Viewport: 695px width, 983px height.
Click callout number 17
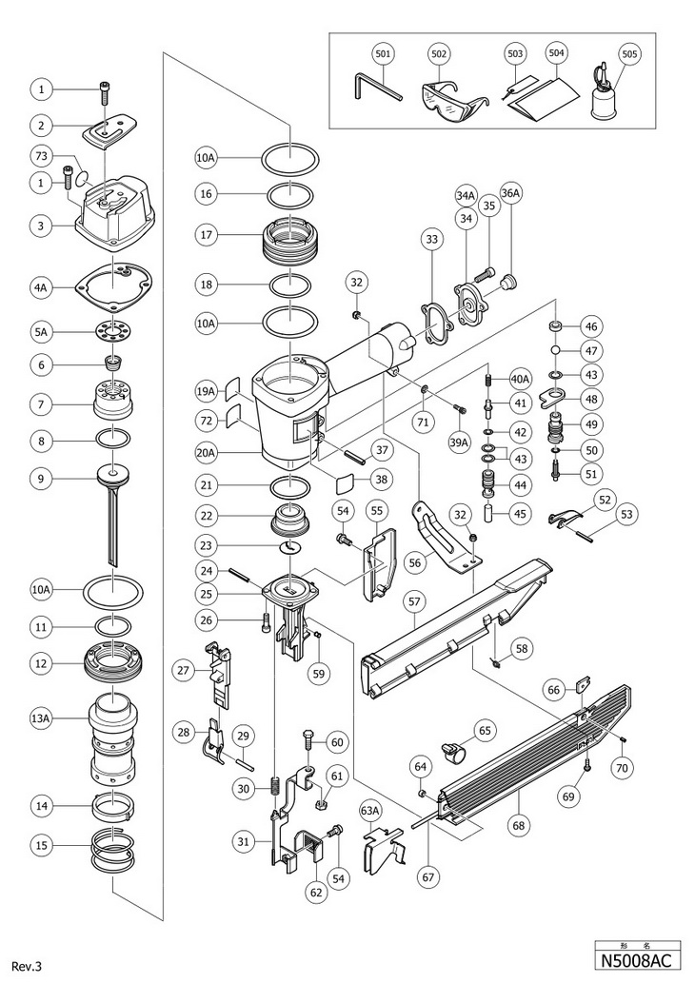point(207,233)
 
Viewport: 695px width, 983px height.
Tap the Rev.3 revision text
point(29,965)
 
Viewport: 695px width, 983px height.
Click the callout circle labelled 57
point(415,600)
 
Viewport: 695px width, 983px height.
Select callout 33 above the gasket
point(431,241)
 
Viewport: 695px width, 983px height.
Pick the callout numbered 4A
point(41,285)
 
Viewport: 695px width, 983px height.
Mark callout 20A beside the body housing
point(207,453)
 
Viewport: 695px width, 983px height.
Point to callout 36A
point(510,194)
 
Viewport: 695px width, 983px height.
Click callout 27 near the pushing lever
point(184,670)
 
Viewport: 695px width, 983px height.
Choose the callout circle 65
point(486,732)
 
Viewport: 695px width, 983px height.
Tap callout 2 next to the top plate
point(41,125)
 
